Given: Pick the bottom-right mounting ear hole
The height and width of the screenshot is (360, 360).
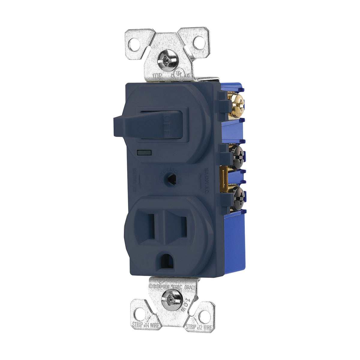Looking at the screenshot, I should click(205, 314).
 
